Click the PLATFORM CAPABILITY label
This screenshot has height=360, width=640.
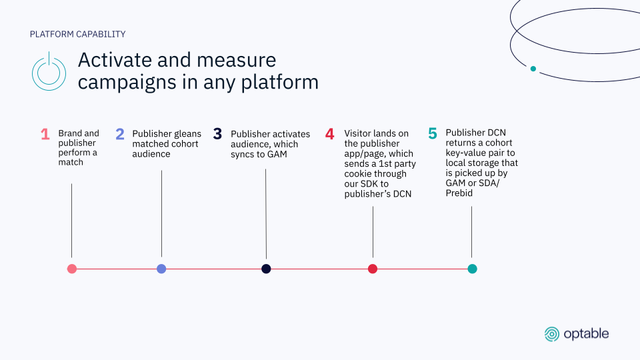pyautogui.click(x=77, y=34)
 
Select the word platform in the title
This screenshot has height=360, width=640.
pyautogui.click(x=279, y=82)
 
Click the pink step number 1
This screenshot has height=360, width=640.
pyautogui.click(x=45, y=134)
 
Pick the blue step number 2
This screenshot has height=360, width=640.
pyautogui.click(x=120, y=134)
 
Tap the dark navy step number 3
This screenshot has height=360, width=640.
pyautogui.click(x=217, y=134)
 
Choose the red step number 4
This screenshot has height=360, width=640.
pyautogui.click(x=330, y=134)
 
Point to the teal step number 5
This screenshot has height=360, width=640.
pyautogui.click(x=433, y=133)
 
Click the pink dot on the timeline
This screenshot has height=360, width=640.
pyautogui.click(x=72, y=269)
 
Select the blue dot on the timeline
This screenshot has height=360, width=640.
pyautogui.click(x=161, y=269)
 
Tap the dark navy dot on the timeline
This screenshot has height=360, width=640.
pyautogui.click(x=266, y=269)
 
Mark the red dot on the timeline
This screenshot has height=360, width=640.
pyautogui.click(x=373, y=269)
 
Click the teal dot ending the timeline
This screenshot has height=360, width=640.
pyautogui.click(x=472, y=269)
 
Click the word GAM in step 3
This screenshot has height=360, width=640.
pyautogui.click(x=277, y=154)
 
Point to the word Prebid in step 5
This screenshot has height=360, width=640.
pyautogui.click(x=459, y=193)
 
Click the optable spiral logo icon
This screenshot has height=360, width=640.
pyautogui.click(x=552, y=334)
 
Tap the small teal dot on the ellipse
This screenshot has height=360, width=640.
pyautogui.click(x=533, y=69)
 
